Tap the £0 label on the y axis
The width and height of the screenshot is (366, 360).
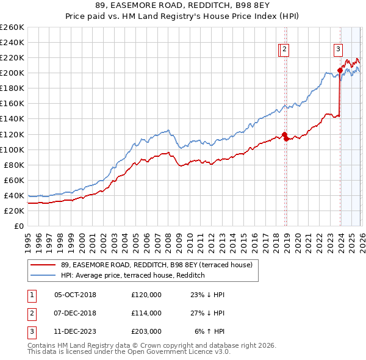click(x=18, y=226)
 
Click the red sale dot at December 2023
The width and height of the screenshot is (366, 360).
click(x=340, y=71)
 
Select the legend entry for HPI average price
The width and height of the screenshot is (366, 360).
click(x=132, y=275)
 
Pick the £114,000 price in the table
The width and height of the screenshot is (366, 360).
click(x=146, y=312)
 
